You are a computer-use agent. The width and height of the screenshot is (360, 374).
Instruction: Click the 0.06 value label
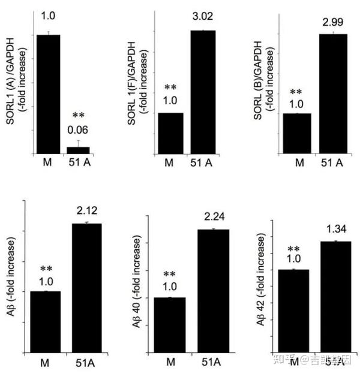(x=78, y=129)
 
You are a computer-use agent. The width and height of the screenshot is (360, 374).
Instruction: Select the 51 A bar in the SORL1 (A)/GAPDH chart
(x=78, y=150)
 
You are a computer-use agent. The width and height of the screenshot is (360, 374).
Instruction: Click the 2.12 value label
(x=86, y=210)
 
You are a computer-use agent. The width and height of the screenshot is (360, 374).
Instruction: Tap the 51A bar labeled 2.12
(x=86, y=288)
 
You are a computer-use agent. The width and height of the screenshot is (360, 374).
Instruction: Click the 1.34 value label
(x=335, y=229)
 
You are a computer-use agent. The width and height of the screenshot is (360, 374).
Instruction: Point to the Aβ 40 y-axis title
(x=141, y=280)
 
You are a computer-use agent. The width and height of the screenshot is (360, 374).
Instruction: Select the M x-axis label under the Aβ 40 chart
(x=170, y=362)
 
